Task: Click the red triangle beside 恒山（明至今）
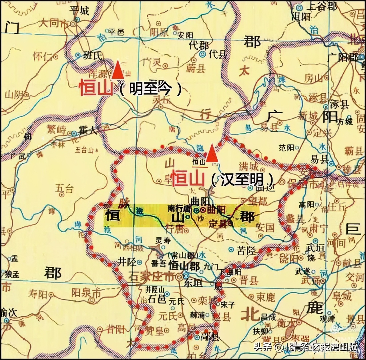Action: pos(118,70)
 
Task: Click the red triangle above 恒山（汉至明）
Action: pos(211,154)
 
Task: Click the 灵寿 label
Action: pos(163,240)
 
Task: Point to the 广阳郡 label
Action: pos(342,58)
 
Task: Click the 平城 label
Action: pos(79,11)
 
